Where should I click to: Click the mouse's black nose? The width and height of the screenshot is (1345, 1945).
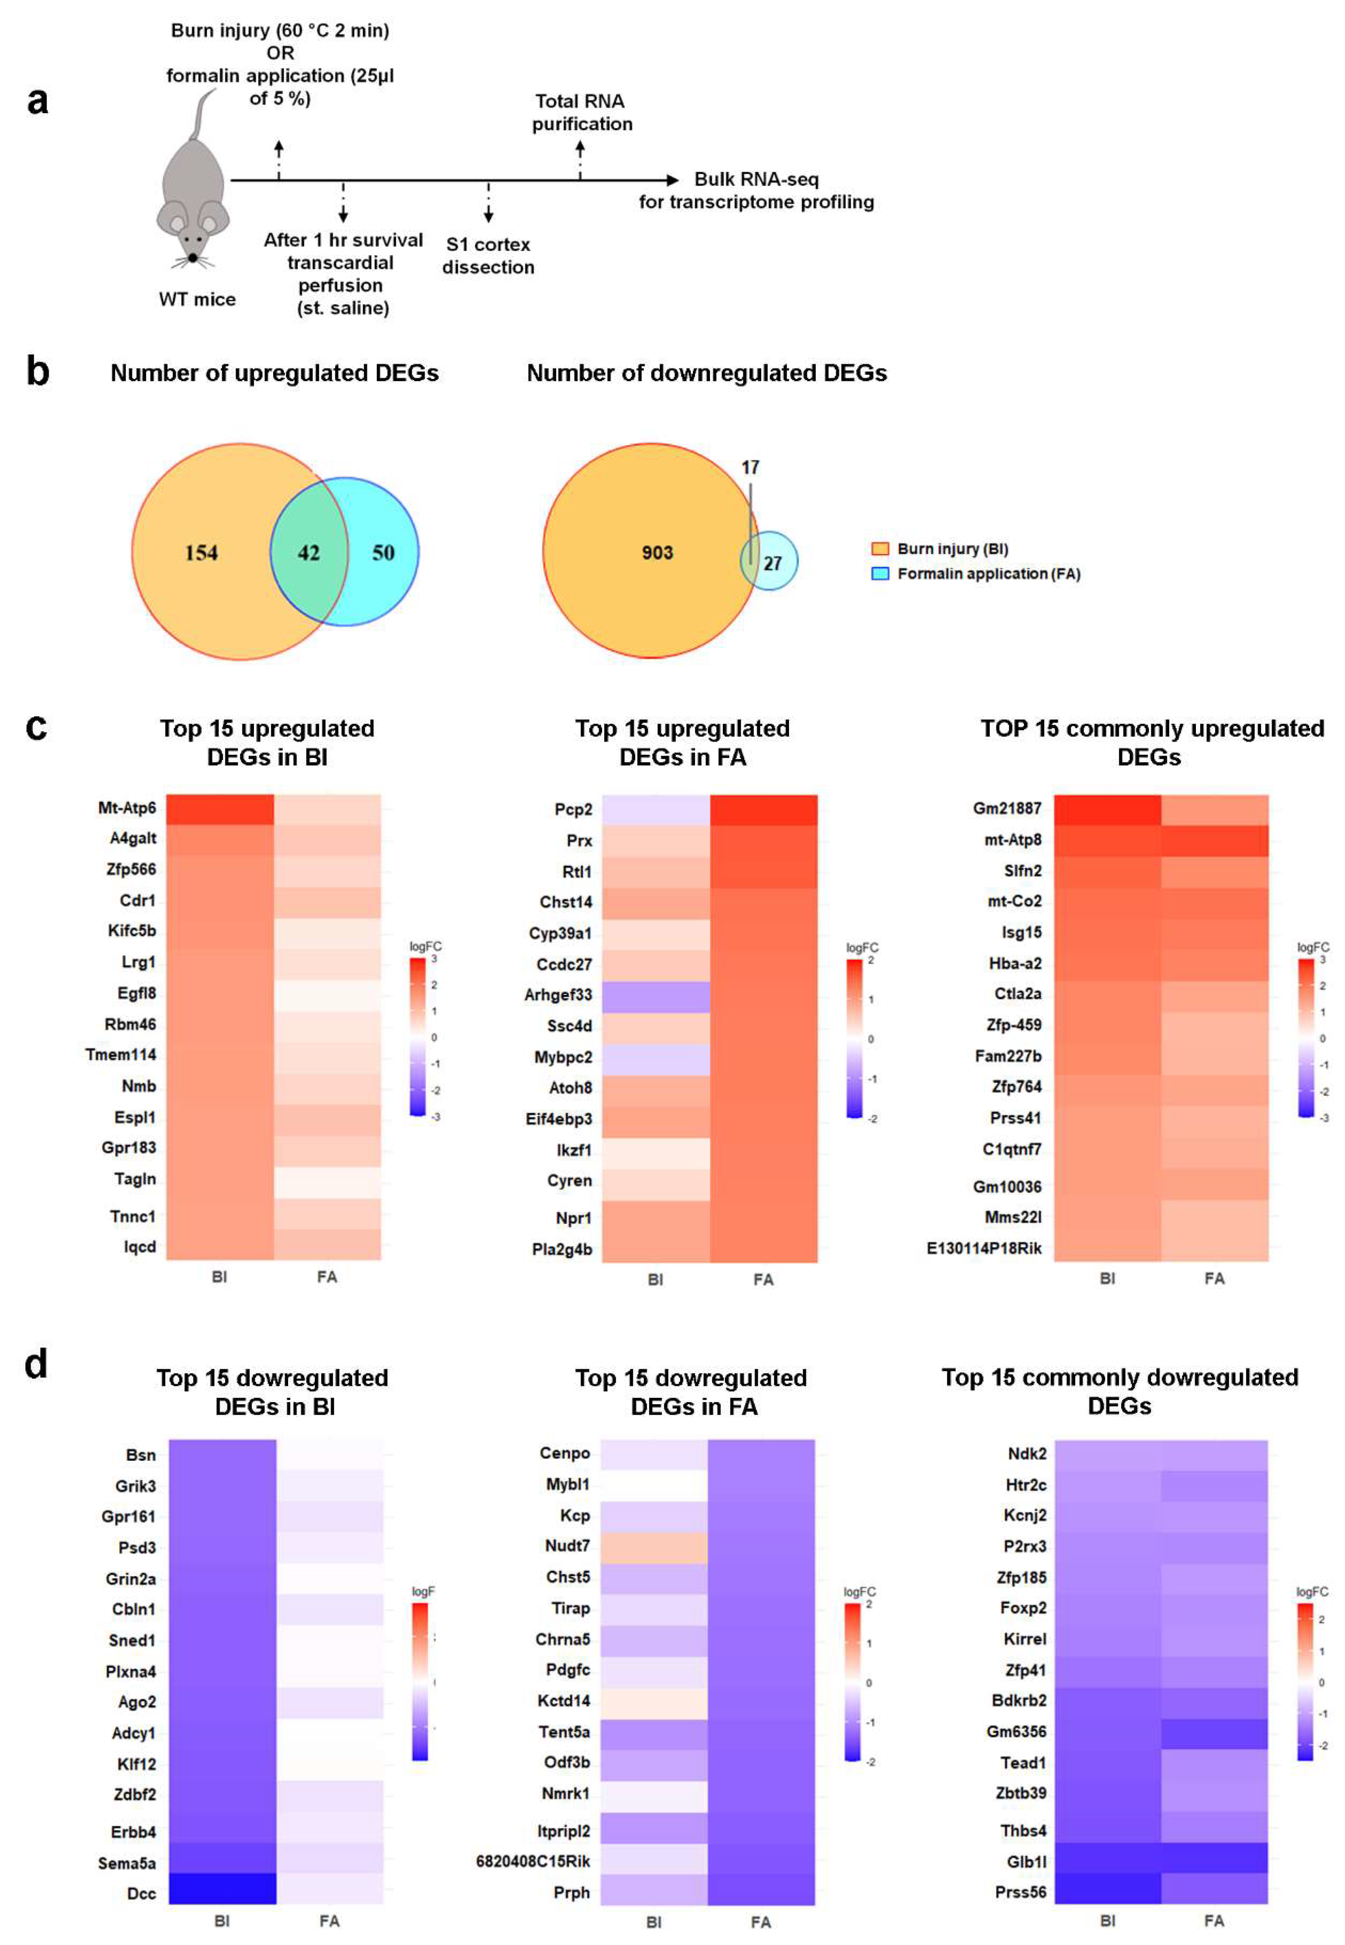coord(193,257)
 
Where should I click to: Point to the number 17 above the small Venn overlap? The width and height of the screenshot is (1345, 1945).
coord(750,468)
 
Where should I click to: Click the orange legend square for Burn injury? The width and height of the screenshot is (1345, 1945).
coord(880,549)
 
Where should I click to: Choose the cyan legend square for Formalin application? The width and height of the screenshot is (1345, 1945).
coord(880,574)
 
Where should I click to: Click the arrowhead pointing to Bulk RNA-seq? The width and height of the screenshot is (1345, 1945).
coord(672,180)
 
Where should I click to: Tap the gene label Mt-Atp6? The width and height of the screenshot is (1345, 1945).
coord(127,808)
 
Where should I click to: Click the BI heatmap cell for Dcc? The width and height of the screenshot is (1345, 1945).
coord(222,1888)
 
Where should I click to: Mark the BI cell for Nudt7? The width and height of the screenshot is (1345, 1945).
coord(654,1547)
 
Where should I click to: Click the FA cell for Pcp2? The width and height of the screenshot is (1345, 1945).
coord(764,809)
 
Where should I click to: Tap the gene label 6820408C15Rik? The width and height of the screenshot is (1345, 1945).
coord(533,1861)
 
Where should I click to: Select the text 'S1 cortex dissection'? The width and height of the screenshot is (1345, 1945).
coord(488,256)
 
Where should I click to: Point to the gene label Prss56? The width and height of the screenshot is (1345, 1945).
coord(1021,1892)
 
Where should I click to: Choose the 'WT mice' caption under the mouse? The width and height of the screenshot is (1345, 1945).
coord(197,300)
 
